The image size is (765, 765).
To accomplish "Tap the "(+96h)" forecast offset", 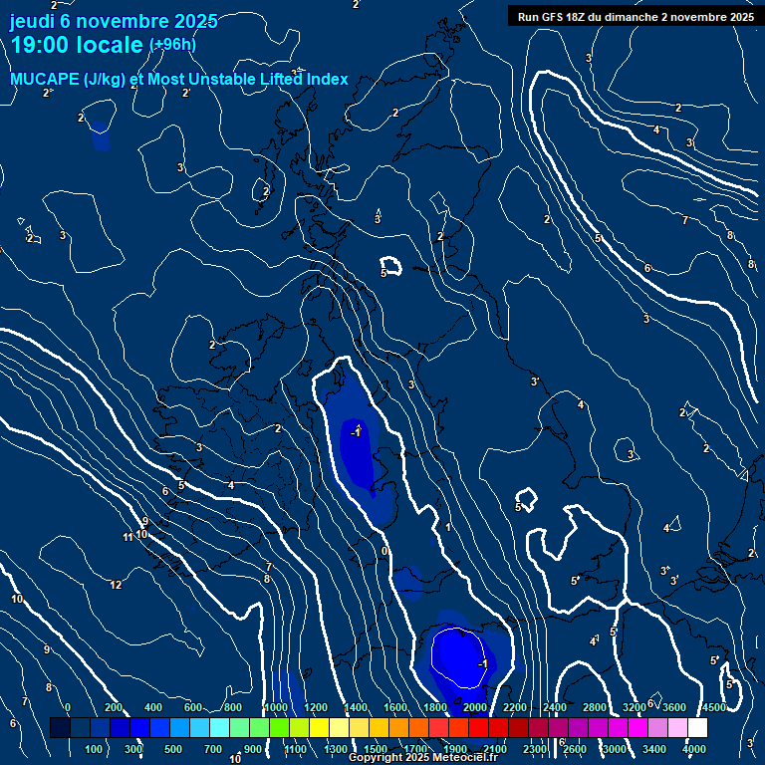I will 172,44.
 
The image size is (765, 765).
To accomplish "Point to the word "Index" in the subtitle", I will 327,80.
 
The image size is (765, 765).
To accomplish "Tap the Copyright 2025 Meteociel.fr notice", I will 422,758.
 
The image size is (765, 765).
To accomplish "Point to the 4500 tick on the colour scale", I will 713,707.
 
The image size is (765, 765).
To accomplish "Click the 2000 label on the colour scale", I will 475,707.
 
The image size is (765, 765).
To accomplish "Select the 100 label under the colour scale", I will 96,749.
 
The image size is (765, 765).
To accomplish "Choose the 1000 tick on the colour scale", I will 276,707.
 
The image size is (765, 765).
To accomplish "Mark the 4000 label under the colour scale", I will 694,749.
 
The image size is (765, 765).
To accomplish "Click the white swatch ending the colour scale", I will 697,728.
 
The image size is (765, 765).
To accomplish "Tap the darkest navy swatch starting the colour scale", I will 60,728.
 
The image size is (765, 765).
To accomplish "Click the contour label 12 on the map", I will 117,585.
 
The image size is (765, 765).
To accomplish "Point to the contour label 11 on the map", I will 128,537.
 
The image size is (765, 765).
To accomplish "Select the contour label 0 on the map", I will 384,550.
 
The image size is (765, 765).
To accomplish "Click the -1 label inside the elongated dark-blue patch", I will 356,431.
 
